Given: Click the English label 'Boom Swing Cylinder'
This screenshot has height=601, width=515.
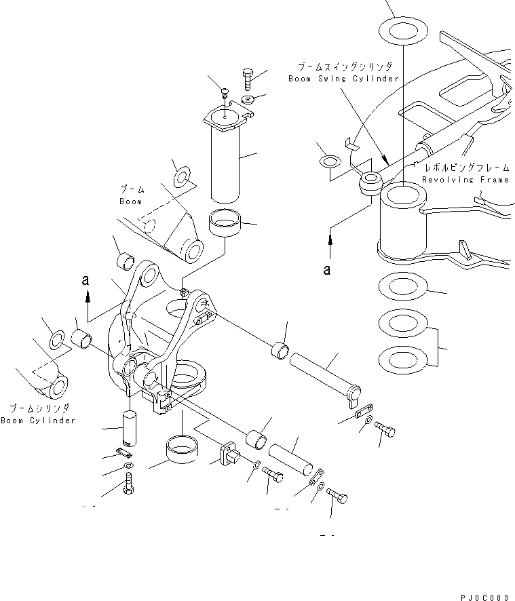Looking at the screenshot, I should pos(343,79).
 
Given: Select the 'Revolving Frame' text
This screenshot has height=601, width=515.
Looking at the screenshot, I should pos(465,180).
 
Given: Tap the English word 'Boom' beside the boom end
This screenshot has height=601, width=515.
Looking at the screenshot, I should pos(130,201).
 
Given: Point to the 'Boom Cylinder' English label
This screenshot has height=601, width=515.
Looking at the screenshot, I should pos(38,421).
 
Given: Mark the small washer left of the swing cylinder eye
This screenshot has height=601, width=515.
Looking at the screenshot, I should pos(330,161).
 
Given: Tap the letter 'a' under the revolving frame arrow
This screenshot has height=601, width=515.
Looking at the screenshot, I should pos(328,269).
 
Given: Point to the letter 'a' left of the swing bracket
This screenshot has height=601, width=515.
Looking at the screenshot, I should pos(84,279).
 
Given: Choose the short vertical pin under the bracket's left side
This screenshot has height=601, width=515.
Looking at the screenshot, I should pos(130,427).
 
